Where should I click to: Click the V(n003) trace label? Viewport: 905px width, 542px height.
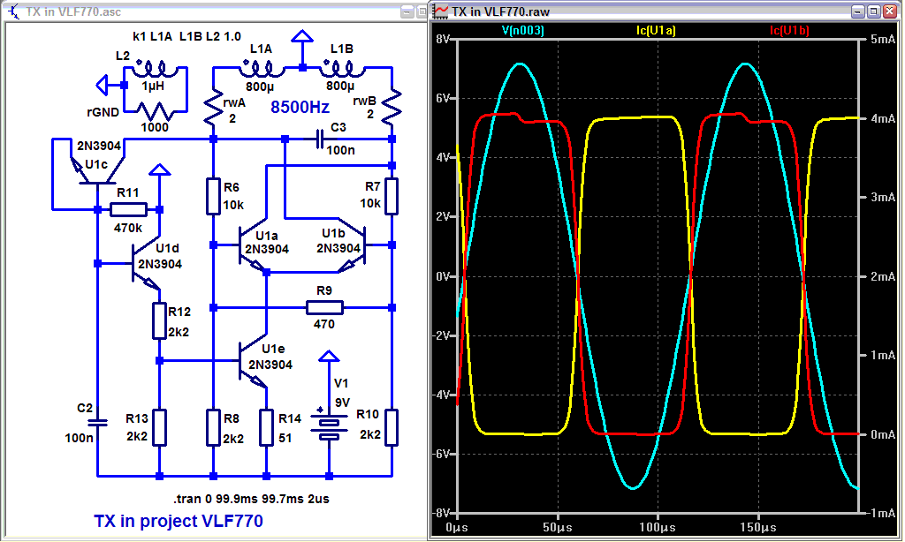[x=523, y=30]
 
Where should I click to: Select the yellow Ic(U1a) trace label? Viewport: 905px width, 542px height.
[x=658, y=30]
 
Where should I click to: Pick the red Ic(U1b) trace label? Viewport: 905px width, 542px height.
[x=789, y=30]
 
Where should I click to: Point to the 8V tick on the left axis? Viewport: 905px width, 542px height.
[x=443, y=40]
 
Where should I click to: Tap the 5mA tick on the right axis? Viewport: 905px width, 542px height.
[x=878, y=40]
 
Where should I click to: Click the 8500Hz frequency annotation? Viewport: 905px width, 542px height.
[x=300, y=107]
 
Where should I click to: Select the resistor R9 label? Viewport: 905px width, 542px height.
[x=323, y=290]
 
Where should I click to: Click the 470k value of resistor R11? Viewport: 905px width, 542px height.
[x=128, y=226]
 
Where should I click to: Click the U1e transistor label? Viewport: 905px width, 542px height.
[x=274, y=349]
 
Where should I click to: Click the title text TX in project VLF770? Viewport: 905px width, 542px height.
[x=178, y=521]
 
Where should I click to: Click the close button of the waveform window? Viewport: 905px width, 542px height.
[x=890, y=11]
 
